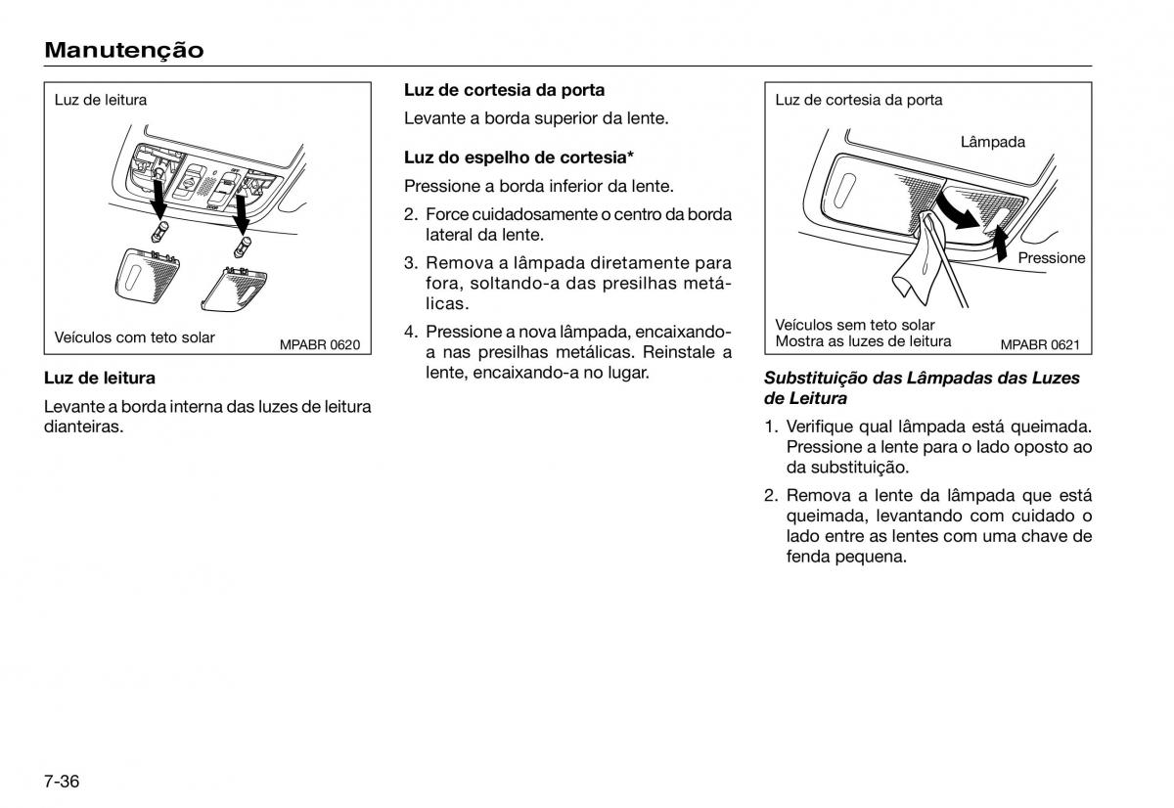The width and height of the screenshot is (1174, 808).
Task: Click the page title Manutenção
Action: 124,50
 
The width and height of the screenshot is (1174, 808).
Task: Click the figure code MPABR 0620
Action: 320,344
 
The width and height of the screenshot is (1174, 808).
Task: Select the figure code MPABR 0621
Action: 1039,344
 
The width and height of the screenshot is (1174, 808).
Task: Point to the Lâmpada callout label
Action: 992,142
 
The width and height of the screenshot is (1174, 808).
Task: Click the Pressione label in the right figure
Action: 1052,258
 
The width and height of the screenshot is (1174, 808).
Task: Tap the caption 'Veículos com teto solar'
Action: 135,337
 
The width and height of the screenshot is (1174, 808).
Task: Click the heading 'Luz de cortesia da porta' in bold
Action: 504,90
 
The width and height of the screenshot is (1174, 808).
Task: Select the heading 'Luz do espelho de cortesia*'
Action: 519,157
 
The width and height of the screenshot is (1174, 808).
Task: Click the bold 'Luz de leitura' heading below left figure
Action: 100,378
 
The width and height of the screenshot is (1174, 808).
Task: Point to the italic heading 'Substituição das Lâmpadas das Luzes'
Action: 922,378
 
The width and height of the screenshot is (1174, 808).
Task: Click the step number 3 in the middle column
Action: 411,263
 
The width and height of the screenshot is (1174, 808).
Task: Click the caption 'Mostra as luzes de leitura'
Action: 863,341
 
